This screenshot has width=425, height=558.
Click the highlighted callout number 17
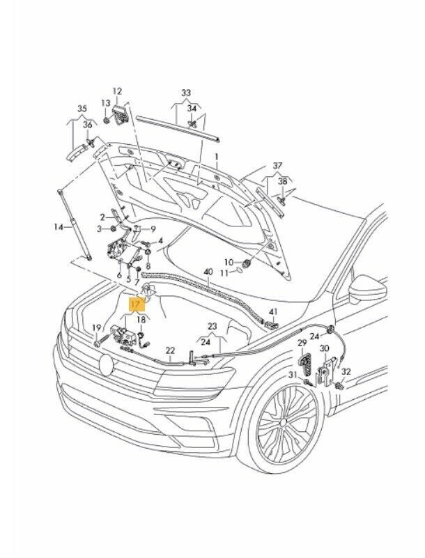pyautogui.click(x=135, y=304)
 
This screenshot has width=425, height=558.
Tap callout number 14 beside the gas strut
pyautogui.click(x=59, y=227)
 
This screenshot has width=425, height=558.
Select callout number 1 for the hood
pyautogui.click(x=216, y=157)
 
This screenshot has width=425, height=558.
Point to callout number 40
pyautogui.click(x=207, y=272)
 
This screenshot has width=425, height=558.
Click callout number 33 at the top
pyautogui.click(x=185, y=93)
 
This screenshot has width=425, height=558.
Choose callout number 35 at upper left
pyautogui.click(x=82, y=109)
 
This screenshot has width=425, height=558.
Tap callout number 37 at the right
pyautogui.click(x=278, y=165)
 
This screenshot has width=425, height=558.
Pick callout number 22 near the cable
pyautogui.click(x=169, y=350)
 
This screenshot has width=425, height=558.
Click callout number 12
pyautogui.click(x=117, y=91)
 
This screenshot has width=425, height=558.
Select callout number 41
pyautogui.click(x=273, y=311)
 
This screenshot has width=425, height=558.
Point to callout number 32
pyautogui.click(x=346, y=372)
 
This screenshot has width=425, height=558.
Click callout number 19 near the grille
pyautogui.click(x=97, y=327)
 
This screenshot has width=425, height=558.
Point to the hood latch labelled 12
pyautogui.click(x=121, y=113)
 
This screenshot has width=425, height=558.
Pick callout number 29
pyautogui.click(x=302, y=343)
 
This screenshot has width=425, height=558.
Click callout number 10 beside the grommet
pyautogui.click(x=227, y=261)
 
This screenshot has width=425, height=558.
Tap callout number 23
pyautogui.click(x=212, y=326)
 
